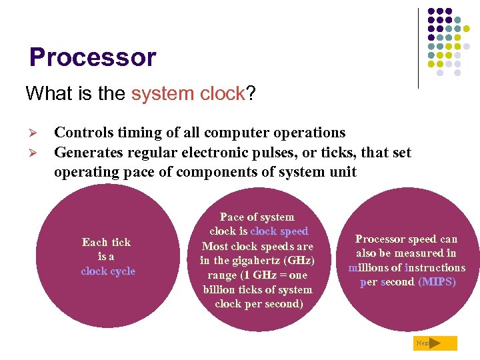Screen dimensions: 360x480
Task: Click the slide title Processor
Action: pyautogui.click(x=92, y=57)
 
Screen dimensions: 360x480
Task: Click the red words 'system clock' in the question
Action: pyautogui.click(x=188, y=93)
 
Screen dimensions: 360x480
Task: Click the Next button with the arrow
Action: pyautogui.click(x=435, y=343)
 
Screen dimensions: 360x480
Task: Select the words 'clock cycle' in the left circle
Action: pyautogui.click(x=108, y=271)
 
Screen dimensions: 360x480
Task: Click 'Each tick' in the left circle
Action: pyautogui.click(x=107, y=242)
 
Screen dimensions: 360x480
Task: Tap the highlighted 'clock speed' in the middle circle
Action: pyautogui.click(x=279, y=231)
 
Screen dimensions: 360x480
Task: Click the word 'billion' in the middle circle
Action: pyautogui.click(x=220, y=289)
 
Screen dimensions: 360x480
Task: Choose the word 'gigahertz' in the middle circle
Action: pyautogui.click(x=258, y=261)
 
